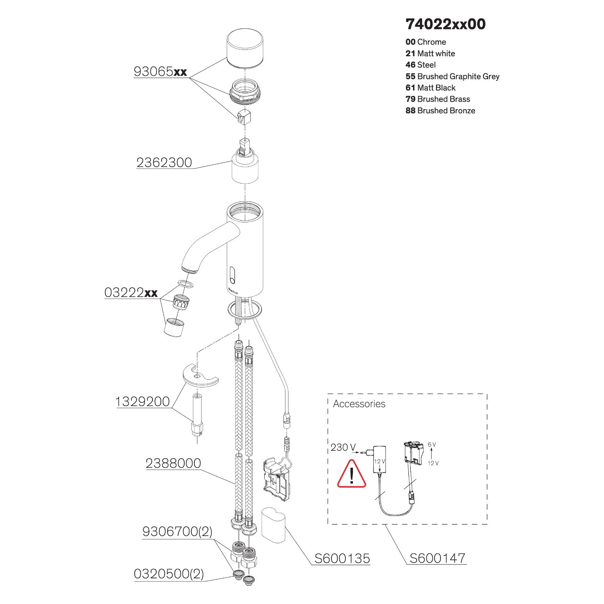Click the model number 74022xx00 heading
[445, 24]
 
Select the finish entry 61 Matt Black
[430, 88]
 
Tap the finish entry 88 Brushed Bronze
[440, 111]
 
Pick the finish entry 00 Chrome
[426, 42]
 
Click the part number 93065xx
[160, 71]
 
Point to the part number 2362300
[164, 163]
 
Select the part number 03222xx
[131, 292]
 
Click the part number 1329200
[142, 402]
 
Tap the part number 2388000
[173, 463]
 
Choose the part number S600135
[342, 558]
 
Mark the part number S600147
[438, 558]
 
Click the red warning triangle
[351, 474]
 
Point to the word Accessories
[359, 404]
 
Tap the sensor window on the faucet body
[232, 274]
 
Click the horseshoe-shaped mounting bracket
[200, 376]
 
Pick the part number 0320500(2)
[169, 574]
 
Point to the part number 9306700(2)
[177, 532]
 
